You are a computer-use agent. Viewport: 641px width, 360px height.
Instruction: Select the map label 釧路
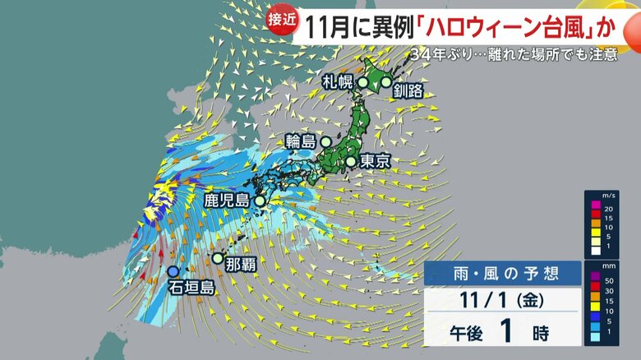point(408,90)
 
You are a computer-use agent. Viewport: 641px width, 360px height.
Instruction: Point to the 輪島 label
point(300,141)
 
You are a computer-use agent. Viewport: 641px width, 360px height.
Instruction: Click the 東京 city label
point(374,161)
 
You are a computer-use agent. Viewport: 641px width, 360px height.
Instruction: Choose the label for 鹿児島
point(226,200)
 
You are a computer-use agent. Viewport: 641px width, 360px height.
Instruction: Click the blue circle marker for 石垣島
point(173,271)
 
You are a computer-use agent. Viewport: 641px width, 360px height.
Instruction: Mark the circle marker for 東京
point(351,161)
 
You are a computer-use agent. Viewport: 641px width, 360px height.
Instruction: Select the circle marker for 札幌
point(362,81)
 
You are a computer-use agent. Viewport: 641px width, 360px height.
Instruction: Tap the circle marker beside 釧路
point(386,81)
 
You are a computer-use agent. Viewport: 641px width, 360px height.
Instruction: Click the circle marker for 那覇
point(217,258)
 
